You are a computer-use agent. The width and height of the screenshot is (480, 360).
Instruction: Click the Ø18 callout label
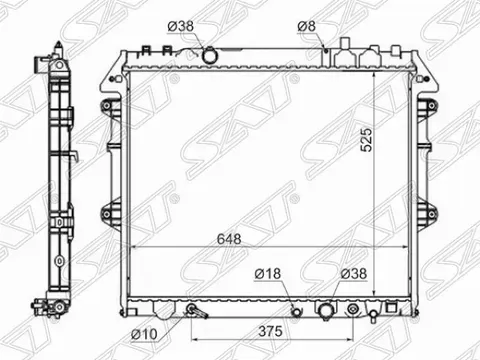[268, 272]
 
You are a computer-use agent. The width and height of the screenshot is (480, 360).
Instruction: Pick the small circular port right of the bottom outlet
[372, 312]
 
